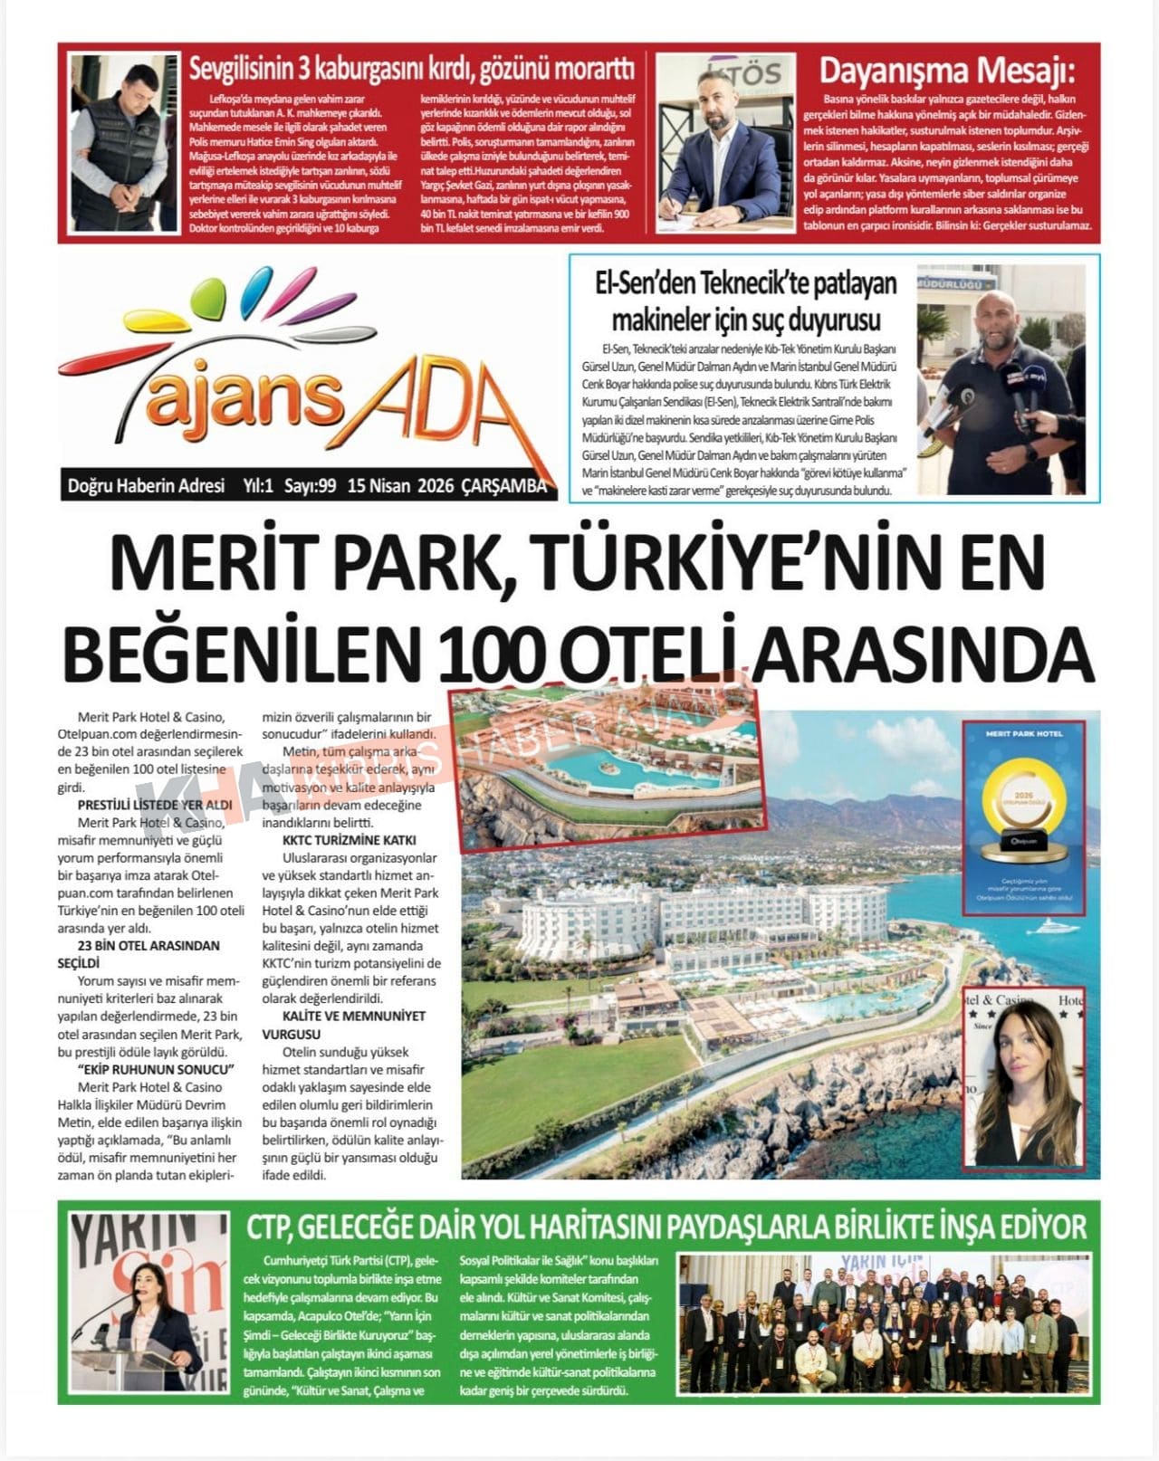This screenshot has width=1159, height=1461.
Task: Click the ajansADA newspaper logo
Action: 299,380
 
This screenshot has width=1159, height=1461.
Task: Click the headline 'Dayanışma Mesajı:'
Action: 946,71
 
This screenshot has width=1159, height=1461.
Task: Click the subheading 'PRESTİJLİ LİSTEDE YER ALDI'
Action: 155,805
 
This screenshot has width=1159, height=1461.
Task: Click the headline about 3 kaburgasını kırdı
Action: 411,69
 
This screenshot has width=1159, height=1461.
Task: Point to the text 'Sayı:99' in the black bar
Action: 311,486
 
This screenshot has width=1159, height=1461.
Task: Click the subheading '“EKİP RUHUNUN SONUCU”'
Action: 156,1069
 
